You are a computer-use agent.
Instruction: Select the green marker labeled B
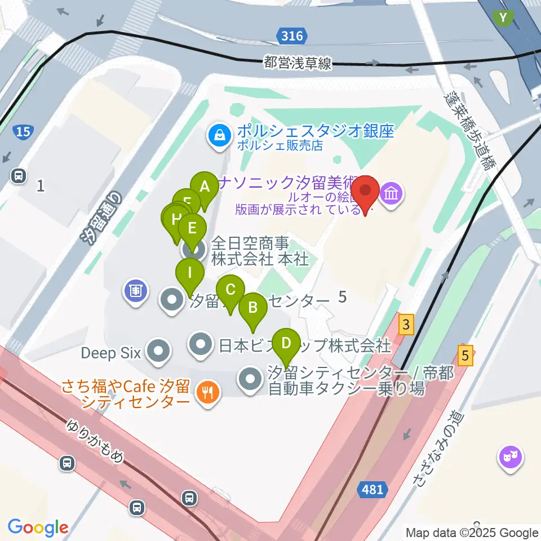252,308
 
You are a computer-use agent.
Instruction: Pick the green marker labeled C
230,291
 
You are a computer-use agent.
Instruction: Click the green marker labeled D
286,343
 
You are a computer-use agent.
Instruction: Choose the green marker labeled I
190,274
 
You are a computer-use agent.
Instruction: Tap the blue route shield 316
292,37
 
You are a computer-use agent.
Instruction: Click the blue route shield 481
373,490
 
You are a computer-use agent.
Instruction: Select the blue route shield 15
23,132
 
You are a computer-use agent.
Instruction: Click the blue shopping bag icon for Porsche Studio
218,135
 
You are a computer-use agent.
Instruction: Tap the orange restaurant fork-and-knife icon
207,392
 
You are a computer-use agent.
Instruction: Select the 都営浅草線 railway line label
298,63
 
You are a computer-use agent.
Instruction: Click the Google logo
38,527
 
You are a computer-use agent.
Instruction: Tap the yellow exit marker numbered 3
405,325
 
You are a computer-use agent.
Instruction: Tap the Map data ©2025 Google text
472,533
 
